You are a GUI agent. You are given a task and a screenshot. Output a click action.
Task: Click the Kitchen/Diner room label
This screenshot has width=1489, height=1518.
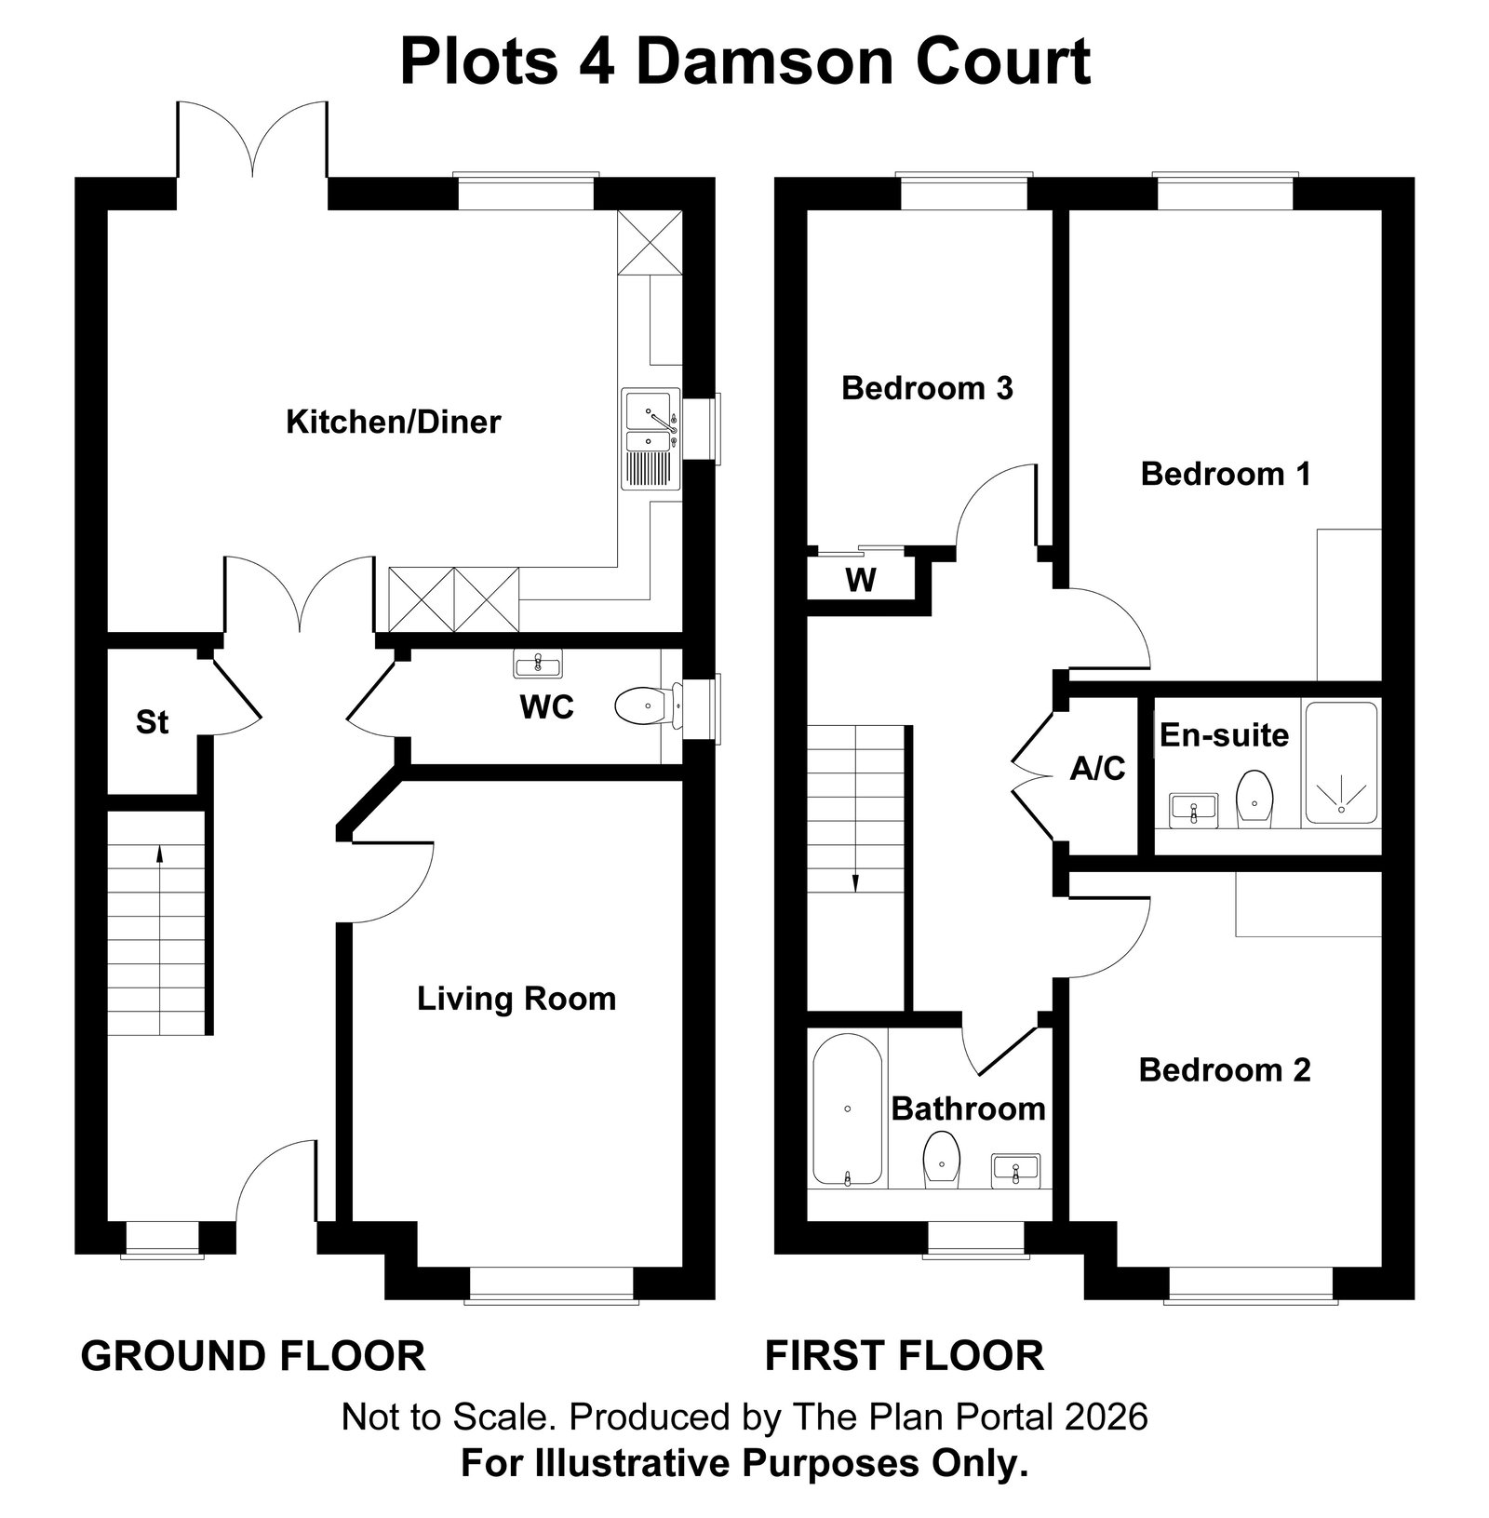[x=393, y=423]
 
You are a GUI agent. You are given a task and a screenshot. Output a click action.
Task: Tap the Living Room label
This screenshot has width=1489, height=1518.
[x=516, y=999]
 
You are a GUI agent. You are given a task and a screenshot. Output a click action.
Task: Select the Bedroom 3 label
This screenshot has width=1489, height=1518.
[x=927, y=388]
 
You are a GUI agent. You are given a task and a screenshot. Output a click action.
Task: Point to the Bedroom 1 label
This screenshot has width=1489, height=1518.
[x=1226, y=474]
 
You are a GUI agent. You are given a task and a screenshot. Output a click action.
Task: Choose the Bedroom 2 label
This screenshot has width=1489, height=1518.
[x=1225, y=1070]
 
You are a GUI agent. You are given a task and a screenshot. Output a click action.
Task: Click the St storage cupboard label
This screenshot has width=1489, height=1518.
[x=152, y=722]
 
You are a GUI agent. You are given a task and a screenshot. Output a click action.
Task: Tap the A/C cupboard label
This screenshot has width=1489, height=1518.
[x=1098, y=769]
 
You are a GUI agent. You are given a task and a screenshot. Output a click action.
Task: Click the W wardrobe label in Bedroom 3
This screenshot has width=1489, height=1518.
[x=861, y=580]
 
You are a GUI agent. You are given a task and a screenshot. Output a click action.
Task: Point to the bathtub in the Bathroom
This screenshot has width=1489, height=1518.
[x=847, y=1109]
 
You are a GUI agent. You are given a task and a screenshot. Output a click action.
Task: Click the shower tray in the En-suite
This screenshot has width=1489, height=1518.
[x=1341, y=763]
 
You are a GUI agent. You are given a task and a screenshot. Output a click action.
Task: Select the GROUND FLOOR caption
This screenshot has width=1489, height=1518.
[x=253, y=1356]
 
